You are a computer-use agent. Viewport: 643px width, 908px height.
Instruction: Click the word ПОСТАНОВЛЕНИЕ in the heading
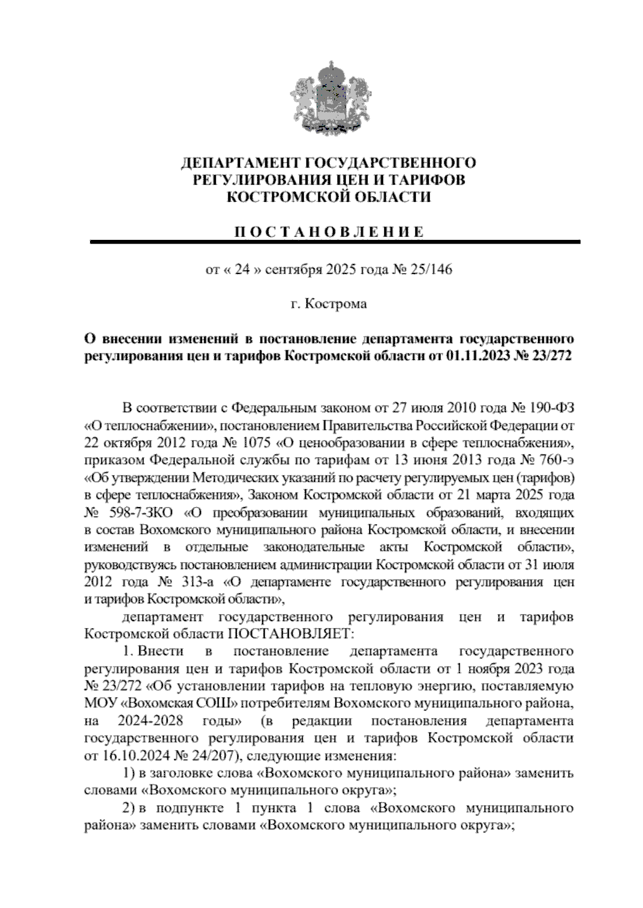[330, 232]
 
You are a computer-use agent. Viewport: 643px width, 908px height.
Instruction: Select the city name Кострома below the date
[336, 304]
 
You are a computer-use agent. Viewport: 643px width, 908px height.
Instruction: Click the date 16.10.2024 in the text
[129, 756]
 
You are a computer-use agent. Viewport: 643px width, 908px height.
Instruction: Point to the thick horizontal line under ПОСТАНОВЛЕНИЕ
[335, 242]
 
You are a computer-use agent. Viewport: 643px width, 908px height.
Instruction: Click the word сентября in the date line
[293, 269]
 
